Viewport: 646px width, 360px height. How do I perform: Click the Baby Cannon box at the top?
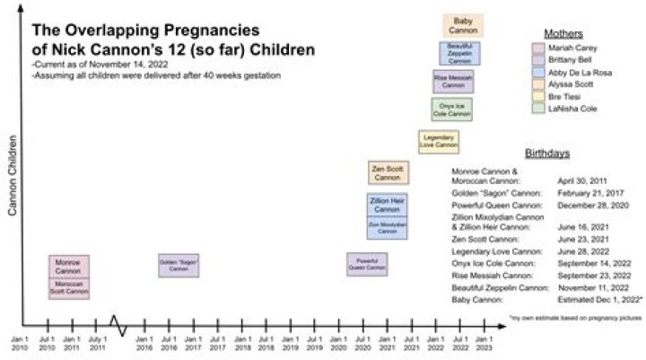[464, 25]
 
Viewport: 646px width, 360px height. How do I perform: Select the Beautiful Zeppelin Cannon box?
[459, 53]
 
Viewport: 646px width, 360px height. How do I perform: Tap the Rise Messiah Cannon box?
[454, 82]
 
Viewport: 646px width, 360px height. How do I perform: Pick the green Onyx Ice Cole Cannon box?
[449, 110]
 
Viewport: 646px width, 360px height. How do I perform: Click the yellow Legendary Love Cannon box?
[440, 140]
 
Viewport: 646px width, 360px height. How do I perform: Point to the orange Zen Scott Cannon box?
[388, 171]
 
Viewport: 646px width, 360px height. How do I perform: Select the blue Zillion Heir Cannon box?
[388, 205]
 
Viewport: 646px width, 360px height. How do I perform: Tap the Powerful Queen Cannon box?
[367, 264]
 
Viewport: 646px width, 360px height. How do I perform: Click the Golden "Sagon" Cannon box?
[179, 265]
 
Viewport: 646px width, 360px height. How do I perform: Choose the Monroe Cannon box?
[68, 267]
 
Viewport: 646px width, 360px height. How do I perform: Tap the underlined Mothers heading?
[563, 33]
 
